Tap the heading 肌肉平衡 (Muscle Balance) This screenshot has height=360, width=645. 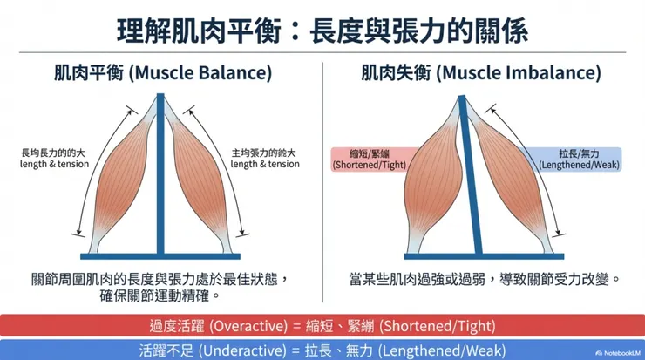(162, 72)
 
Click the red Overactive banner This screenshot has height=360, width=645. (322, 325)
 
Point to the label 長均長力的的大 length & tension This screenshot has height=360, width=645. (54, 158)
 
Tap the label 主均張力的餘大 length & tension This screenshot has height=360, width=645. (265, 158)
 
